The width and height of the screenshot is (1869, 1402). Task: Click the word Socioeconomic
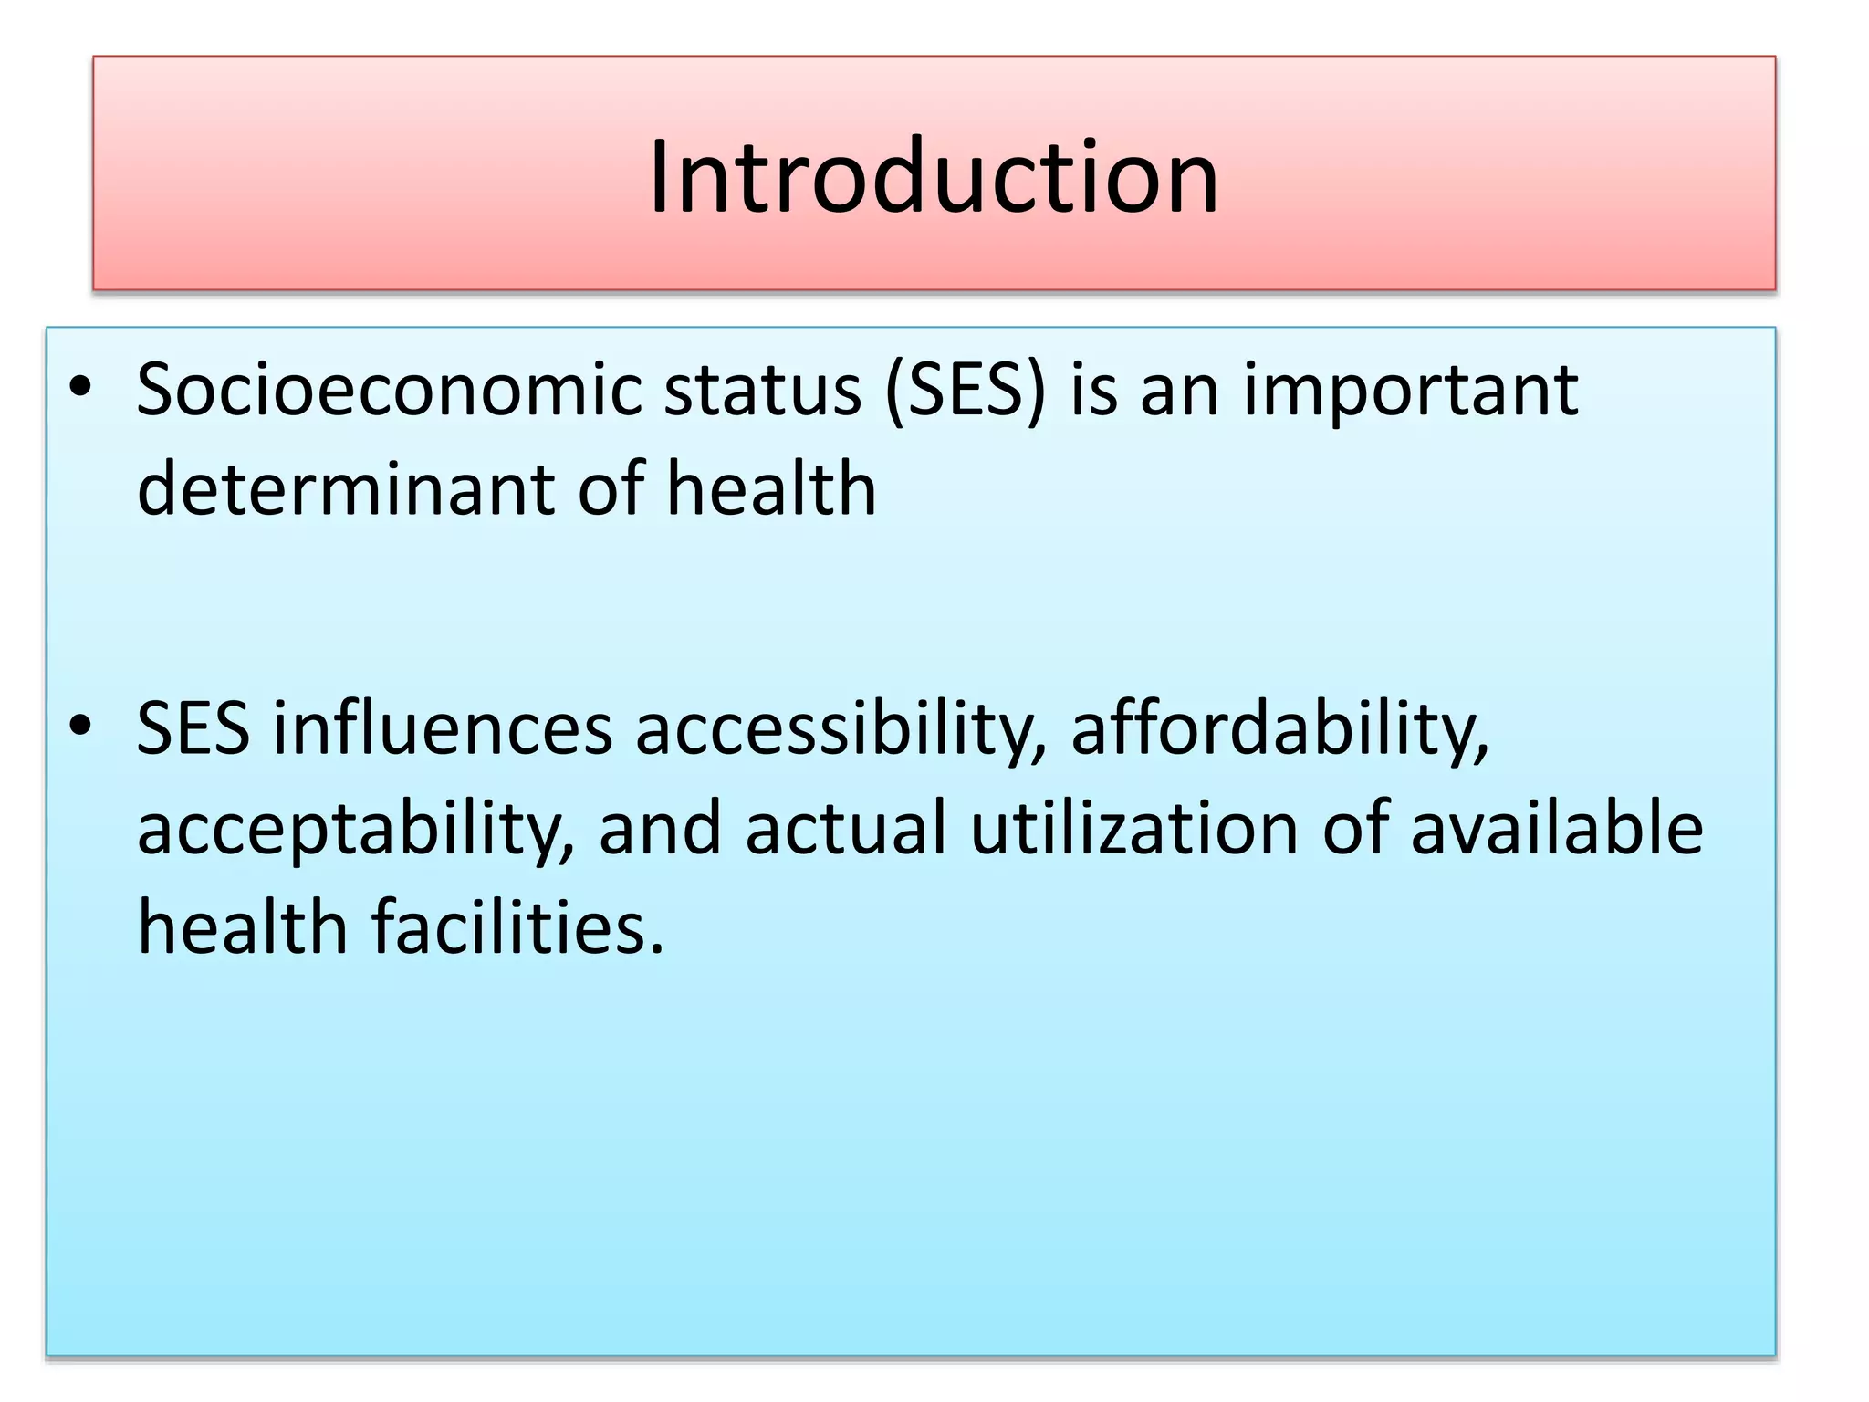(390, 390)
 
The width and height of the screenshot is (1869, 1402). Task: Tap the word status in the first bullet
(762, 390)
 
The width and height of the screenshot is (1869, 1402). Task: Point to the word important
(1410, 390)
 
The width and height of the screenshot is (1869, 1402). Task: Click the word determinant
(346, 488)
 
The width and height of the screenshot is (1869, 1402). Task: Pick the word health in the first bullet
(771, 488)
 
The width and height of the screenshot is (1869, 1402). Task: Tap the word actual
(846, 828)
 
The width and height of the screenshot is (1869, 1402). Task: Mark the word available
(1557, 828)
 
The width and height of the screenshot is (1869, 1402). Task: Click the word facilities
(518, 926)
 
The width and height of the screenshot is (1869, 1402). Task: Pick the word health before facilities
(243, 926)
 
